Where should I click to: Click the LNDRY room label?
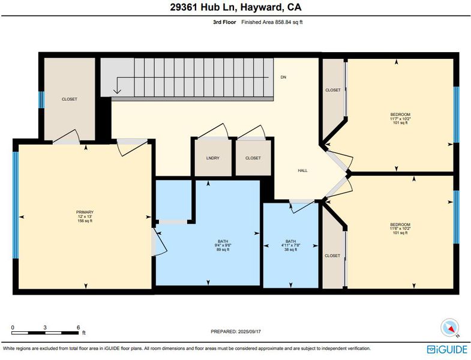pyautogui.click(x=212, y=158)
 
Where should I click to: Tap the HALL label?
pyautogui.click(x=302, y=170)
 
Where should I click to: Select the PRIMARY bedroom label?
pyautogui.click(x=85, y=212)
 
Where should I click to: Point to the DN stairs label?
pyautogui.click(x=283, y=77)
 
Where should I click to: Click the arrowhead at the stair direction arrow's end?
pyautogui.click(x=117, y=91)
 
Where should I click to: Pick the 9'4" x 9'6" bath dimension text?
pyautogui.click(x=223, y=245)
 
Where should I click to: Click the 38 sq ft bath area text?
pyautogui.click(x=291, y=250)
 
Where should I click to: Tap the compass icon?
pyautogui.click(x=449, y=328)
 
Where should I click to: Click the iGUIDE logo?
pyautogui.click(x=447, y=349)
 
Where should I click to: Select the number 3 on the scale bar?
pyautogui.click(x=45, y=328)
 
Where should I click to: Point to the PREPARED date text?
pyautogui.click(x=236, y=331)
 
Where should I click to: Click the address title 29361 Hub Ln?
pyautogui.click(x=204, y=7)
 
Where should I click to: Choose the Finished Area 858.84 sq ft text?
pyautogui.click(x=272, y=22)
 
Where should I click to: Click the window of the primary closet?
pyautogui.click(x=41, y=100)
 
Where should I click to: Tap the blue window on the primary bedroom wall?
pyautogui.click(x=16, y=205)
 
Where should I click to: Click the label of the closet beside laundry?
pyautogui.click(x=253, y=158)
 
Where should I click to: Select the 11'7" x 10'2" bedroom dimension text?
pyautogui.click(x=400, y=118)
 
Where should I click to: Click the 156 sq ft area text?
pyautogui.click(x=85, y=221)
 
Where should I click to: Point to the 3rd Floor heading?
pyautogui.click(x=224, y=22)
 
